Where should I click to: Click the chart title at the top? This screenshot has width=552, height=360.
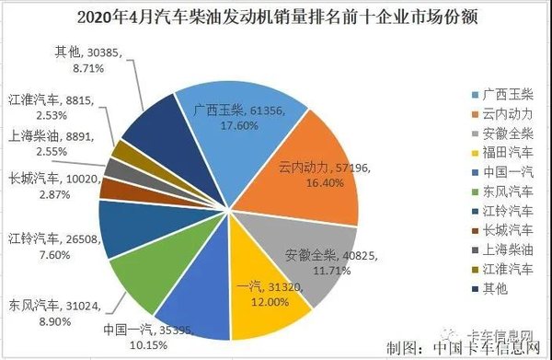tap(276, 16)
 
